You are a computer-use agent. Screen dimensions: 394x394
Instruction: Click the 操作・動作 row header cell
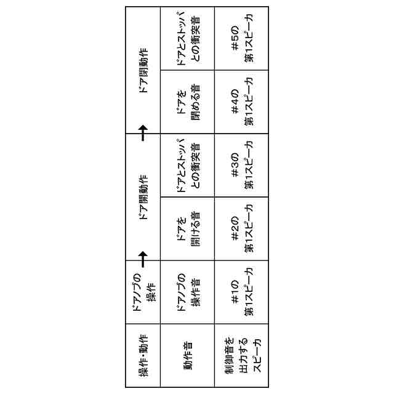click(143, 357)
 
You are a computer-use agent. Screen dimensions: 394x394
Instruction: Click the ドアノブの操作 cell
click(143, 292)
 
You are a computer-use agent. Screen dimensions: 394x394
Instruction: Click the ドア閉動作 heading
click(143, 69)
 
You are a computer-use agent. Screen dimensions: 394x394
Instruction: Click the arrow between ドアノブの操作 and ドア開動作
click(143, 255)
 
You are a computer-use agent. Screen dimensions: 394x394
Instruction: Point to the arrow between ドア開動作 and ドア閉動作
click(143, 131)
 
